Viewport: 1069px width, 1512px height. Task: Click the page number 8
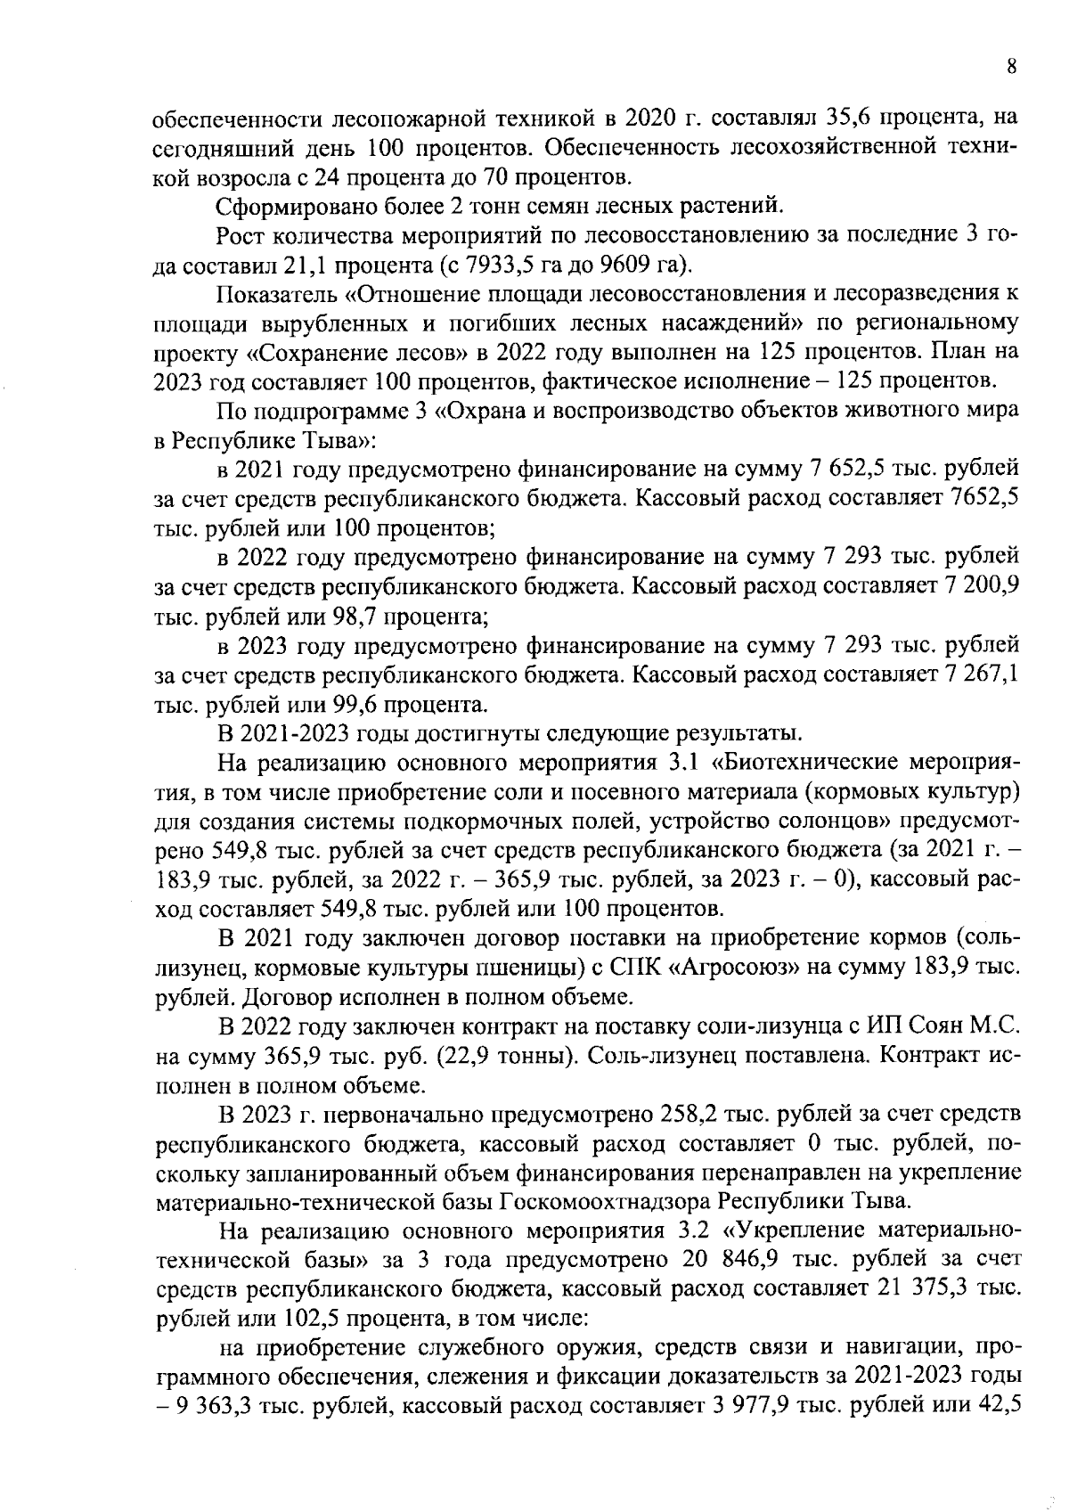[1011, 67]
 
